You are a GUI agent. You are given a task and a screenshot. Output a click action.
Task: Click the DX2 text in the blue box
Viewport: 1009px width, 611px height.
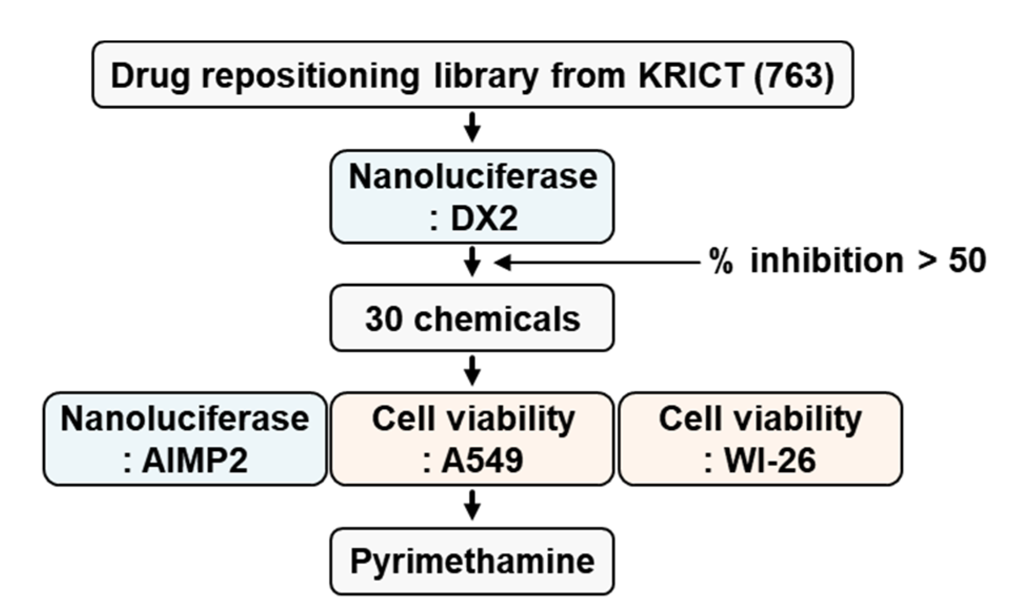pos(484,218)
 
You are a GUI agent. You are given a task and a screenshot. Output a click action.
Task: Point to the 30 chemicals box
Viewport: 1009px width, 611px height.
pos(472,318)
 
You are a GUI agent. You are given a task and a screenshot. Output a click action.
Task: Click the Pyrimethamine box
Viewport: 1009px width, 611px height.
pos(472,561)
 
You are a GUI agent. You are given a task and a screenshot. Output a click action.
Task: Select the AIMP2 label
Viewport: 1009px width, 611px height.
pos(195,461)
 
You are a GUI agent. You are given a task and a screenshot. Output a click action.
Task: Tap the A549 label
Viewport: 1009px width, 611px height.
pos(482,461)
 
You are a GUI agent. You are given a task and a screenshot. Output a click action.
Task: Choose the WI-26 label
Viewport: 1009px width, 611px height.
pos(770,461)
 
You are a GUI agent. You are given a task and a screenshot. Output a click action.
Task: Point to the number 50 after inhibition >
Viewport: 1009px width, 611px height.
pos(967,261)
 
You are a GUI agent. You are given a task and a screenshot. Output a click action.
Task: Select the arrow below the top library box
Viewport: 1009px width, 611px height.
pos(473,127)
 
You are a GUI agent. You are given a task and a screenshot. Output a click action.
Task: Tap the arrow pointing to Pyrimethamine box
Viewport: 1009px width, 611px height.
pos(473,505)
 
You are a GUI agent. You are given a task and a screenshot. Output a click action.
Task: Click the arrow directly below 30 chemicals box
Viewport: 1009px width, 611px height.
pos(473,370)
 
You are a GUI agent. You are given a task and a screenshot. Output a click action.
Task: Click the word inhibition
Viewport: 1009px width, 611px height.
pos(826,261)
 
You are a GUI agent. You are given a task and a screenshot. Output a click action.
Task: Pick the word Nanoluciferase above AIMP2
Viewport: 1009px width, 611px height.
pos(185,419)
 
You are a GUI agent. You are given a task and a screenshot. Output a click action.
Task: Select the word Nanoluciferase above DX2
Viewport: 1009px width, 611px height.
pos(473,176)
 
